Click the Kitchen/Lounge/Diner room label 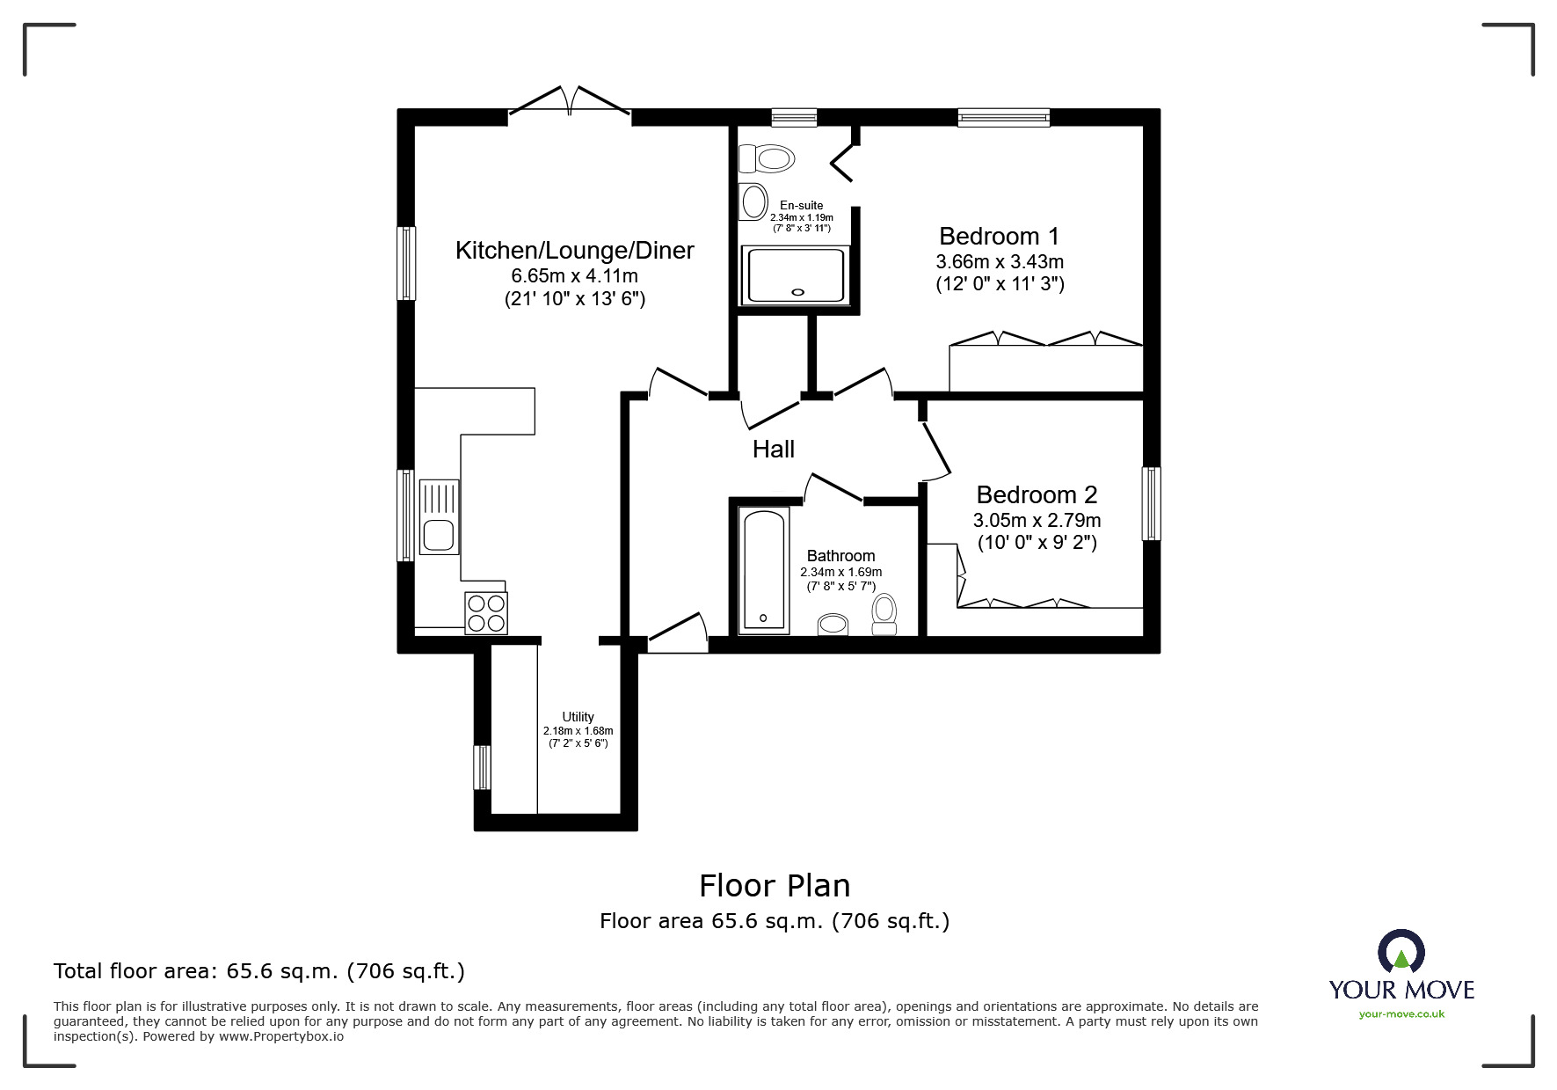click(x=574, y=251)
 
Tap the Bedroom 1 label click(x=999, y=237)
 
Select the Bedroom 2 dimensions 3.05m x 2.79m click(x=1037, y=521)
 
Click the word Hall click(x=773, y=450)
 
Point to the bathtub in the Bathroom click(x=763, y=570)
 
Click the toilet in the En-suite click(x=767, y=159)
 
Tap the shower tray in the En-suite click(x=796, y=275)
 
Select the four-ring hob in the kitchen click(x=486, y=613)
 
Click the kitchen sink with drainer click(x=439, y=517)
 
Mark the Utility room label click(x=578, y=717)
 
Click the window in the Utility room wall click(x=482, y=768)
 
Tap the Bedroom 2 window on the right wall click(x=1151, y=503)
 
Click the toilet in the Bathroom click(x=884, y=613)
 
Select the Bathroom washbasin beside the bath click(x=833, y=625)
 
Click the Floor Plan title click(x=775, y=886)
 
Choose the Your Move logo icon click(x=1401, y=952)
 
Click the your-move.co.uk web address click(x=1401, y=1014)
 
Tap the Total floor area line click(x=259, y=971)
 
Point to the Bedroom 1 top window click(x=1003, y=117)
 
